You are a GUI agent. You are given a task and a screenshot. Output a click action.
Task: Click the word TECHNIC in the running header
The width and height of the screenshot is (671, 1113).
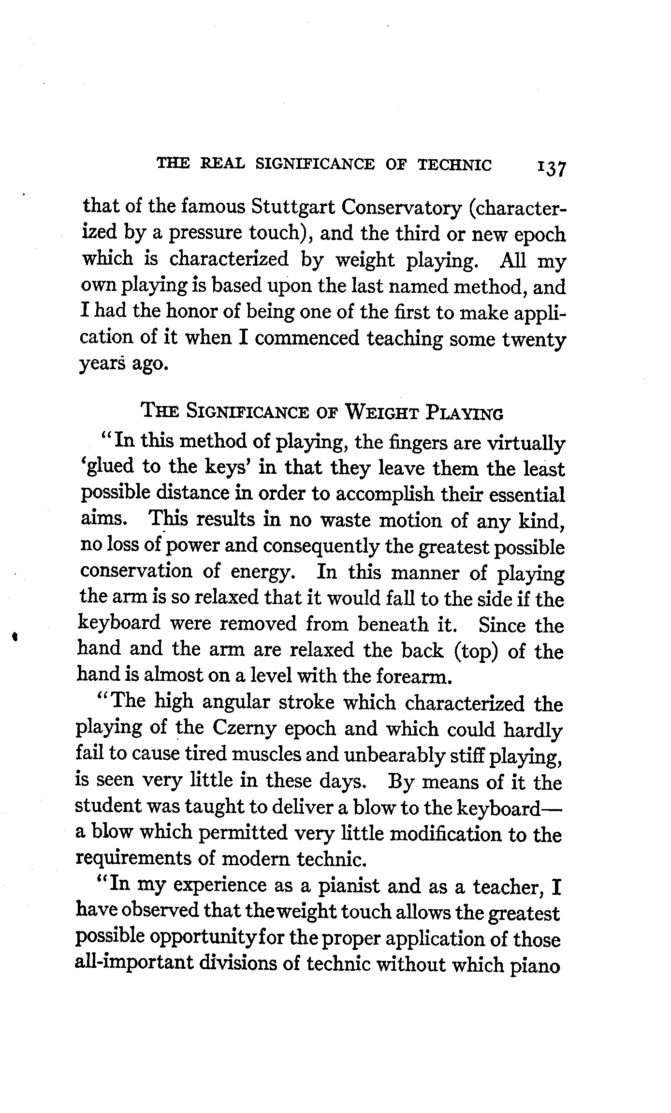(454, 165)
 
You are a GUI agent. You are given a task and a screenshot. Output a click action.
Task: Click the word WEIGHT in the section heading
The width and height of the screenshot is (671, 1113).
(383, 414)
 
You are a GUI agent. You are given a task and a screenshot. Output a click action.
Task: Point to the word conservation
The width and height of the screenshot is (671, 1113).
(136, 572)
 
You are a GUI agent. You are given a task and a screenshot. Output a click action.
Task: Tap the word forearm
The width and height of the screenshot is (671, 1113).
(414, 677)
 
